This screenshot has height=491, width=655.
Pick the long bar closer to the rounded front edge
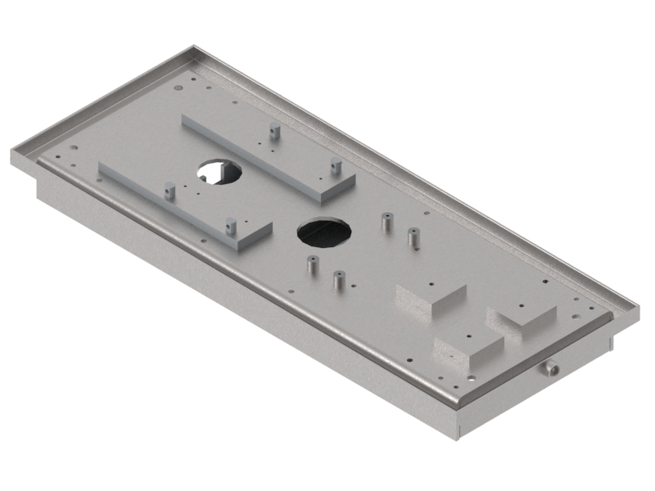click(184, 201)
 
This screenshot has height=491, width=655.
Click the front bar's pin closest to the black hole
click(231, 223)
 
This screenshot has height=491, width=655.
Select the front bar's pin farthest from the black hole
click(168, 191)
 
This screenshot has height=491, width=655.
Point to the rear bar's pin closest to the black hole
click(334, 167)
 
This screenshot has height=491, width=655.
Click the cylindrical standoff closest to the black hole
click(310, 265)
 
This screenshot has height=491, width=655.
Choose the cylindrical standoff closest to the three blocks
click(337, 280)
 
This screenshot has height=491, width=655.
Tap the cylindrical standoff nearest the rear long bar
click(385, 221)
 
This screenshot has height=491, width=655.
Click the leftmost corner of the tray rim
click(11, 152)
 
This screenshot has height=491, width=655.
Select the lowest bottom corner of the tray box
click(457, 438)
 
